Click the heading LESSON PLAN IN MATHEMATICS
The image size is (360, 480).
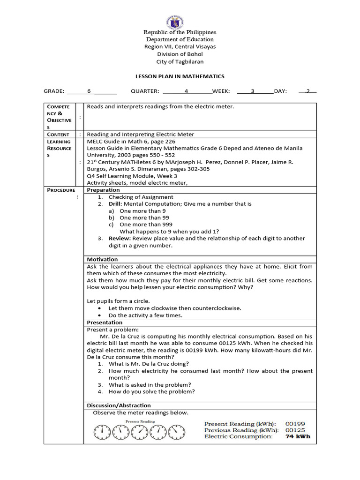(180, 76)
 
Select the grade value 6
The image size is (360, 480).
(89, 91)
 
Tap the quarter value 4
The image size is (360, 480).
(186, 91)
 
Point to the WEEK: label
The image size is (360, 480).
(223, 91)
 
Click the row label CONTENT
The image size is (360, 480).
(58, 135)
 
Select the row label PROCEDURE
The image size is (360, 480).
(60, 190)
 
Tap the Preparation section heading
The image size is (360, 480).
(103, 190)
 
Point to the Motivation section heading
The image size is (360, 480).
(102, 259)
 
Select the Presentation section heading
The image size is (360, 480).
(105, 322)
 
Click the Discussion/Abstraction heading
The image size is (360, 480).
(119, 405)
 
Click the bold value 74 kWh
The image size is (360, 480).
(298, 436)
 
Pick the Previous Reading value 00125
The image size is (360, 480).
(295, 430)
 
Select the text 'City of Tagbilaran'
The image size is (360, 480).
(180, 61)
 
